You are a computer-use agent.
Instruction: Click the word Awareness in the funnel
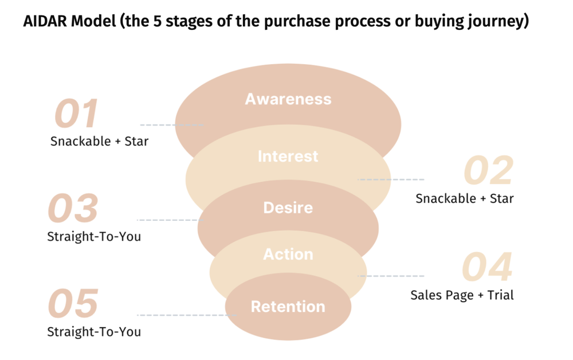click(x=288, y=99)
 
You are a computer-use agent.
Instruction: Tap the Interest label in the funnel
click(x=288, y=156)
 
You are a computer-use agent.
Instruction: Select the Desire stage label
click(x=288, y=208)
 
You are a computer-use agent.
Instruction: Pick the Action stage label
click(x=288, y=254)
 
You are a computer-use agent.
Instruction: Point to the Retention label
click(x=288, y=307)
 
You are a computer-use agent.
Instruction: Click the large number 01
click(x=76, y=114)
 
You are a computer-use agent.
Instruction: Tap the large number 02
click(x=488, y=171)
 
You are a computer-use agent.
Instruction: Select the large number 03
click(x=73, y=209)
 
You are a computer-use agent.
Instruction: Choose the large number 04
click(x=487, y=267)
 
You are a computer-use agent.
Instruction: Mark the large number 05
click(x=73, y=304)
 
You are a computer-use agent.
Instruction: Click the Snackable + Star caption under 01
click(x=99, y=141)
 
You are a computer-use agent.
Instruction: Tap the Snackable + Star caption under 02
click(x=464, y=198)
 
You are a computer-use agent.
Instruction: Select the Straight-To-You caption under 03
click(x=94, y=236)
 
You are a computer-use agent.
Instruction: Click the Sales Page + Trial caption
click(x=462, y=295)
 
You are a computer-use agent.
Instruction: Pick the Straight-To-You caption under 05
click(x=94, y=331)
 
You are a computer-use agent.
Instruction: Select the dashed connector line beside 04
click(x=391, y=276)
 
